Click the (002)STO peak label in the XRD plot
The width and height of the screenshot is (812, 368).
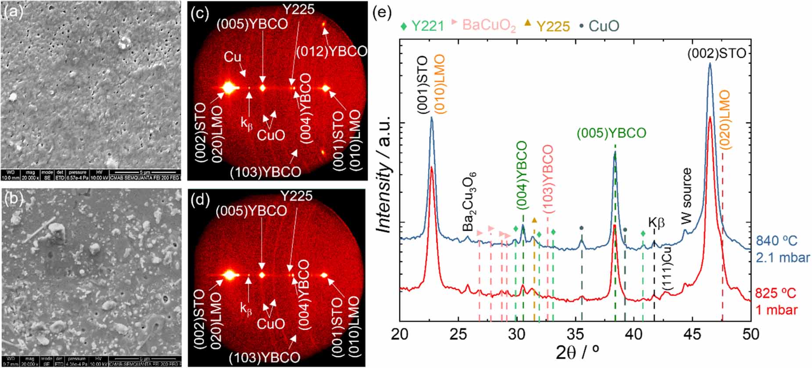pyautogui.click(x=716, y=54)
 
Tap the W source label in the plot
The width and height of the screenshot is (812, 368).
pyautogui.click(x=687, y=196)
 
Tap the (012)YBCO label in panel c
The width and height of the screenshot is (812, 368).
pyautogui.click(x=331, y=51)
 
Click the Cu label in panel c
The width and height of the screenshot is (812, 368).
pyautogui.click(x=233, y=57)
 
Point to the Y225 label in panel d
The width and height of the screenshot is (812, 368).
pyautogui.click(x=297, y=196)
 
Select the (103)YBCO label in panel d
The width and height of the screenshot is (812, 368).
pyautogui.click(x=265, y=357)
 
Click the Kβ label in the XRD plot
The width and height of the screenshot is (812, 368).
pyautogui.click(x=656, y=223)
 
